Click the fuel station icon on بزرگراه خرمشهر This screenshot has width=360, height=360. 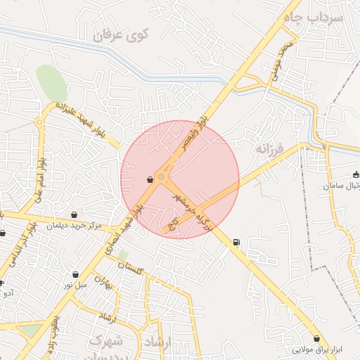coord(235,244)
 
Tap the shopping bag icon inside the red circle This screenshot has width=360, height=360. coord(150,180)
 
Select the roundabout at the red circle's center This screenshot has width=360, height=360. coord(162,176)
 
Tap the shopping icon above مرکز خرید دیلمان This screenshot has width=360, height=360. coord(74,215)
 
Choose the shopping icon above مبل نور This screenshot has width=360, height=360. coord(75,274)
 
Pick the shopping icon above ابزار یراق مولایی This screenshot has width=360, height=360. coord(316,339)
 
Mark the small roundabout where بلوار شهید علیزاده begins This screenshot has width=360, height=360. coord(39,122)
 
